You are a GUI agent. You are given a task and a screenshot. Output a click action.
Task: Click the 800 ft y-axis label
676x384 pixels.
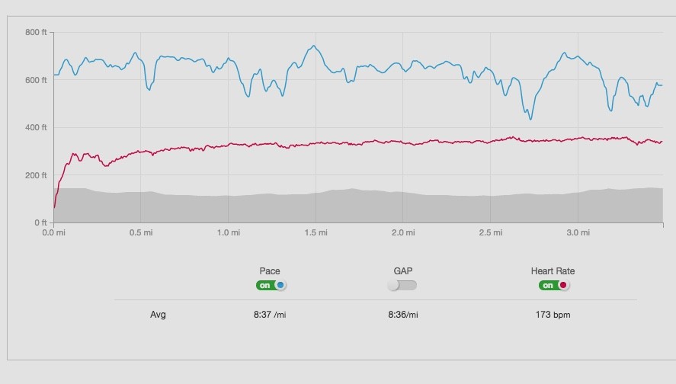click(36, 32)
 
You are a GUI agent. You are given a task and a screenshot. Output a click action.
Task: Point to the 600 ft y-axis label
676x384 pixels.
click(36, 80)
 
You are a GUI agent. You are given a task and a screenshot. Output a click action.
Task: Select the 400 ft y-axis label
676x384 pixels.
click(36, 127)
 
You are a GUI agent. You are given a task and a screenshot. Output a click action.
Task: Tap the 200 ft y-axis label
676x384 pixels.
click(36, 175)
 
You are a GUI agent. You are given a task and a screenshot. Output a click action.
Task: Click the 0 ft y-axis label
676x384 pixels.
click(40, 222)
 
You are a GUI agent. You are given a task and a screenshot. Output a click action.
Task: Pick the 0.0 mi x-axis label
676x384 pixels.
click(54, 232)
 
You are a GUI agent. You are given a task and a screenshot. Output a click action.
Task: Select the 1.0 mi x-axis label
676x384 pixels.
click(229, 232)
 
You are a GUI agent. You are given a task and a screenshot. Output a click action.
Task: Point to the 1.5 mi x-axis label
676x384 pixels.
click(316, 232)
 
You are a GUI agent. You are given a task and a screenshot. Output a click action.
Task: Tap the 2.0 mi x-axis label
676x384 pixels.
click(404, 232)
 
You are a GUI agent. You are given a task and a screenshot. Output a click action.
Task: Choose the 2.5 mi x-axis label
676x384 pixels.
click(491, 232)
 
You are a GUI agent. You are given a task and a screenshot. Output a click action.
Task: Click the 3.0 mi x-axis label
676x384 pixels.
click(578, 232)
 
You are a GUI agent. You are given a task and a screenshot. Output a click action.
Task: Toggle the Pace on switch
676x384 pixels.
click(271, 286)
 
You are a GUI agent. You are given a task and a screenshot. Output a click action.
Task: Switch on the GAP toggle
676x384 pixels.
click(402, 286)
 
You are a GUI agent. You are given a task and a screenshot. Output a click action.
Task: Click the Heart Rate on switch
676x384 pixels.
click(554, 286)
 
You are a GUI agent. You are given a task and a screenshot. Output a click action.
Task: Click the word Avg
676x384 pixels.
click(158, 315)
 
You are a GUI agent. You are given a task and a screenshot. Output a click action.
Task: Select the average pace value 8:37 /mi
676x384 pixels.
click(270, 315)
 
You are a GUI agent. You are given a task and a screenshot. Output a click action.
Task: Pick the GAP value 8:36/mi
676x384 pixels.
click(402, 315)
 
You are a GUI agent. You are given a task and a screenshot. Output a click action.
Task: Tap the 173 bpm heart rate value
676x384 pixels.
click(553, 315)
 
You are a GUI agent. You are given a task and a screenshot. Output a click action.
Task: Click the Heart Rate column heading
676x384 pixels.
click(553, 270)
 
